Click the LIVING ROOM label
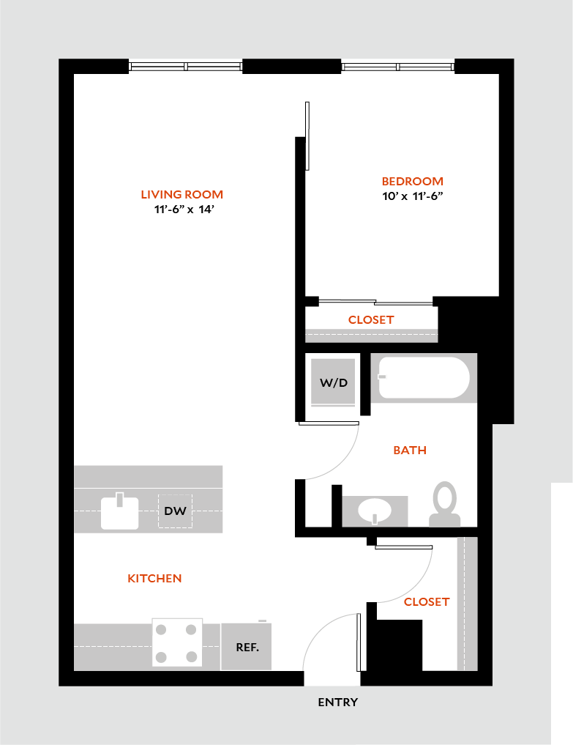tap(181, 195)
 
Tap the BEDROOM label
tap(412, 182)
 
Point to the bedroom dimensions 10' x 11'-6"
tap(413, 196)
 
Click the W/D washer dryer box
tap(333, 382)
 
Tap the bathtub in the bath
tap(424, 377)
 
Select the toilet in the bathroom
tap(444, 505)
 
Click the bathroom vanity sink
tap(375, 511)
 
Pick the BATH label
tap(409, 451)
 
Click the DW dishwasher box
tap(175, 511)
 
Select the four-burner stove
tap(177, 642)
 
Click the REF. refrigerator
tap(247, 647)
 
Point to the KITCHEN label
tap(154, 579)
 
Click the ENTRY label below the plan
tap(337, 703)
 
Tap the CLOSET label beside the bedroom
tap(371, 320)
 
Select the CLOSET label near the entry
tap(426, 602)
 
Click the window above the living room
tap(186, 66)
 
